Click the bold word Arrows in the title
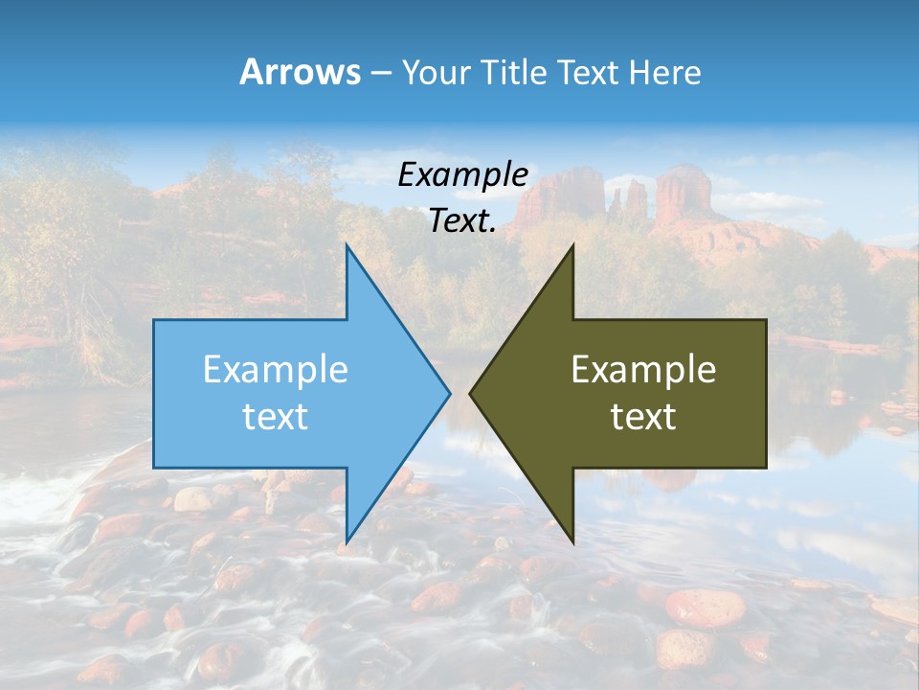(x=300, y=72)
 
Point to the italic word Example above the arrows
(x=462, y=174)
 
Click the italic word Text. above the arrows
(x=462, y=220)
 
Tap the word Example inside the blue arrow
(x=276, y=369)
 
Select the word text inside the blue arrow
(x=276, y=416)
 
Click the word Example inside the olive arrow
(x=643, y=369)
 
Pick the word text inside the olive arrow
(x=643, y=416)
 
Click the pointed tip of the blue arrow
(x=449, y=393)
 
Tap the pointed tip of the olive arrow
(x=471, y=393)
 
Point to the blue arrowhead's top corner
(x=347, y=246)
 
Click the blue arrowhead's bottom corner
(x=347, y=540)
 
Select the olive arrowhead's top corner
(x=572, y=246)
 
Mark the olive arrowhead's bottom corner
(x=572, y=540)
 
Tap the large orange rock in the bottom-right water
(x=706, y=607)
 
